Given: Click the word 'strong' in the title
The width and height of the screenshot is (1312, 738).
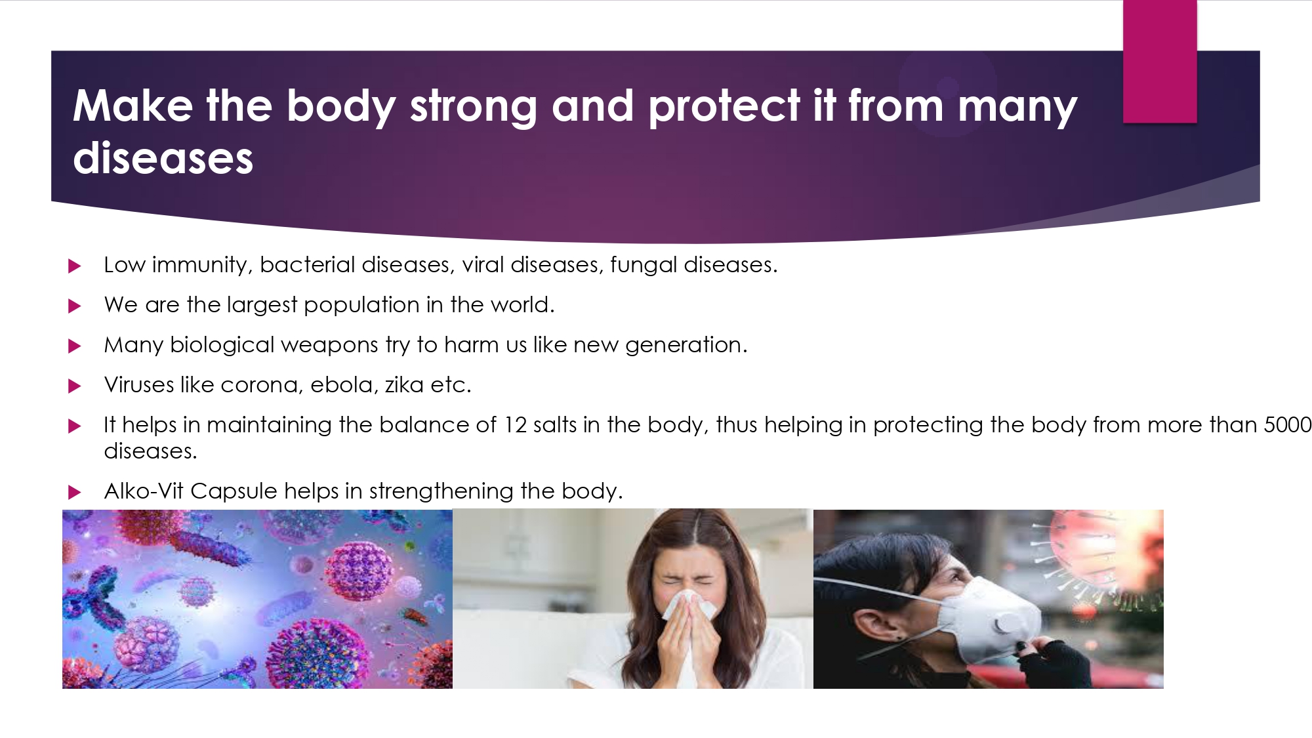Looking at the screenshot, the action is [x=474, y=107].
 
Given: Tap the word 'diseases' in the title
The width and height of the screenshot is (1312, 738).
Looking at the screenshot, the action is [x=163, y=158].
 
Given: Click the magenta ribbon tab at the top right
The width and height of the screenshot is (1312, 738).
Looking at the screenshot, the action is [x=1160, y=61].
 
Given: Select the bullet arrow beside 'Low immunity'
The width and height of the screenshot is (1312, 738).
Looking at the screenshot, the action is [x=75, y=266].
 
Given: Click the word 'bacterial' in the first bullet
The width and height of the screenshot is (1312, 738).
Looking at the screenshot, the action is [x=308, y=264].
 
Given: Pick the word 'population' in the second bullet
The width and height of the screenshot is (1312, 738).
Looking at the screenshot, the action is [x=361, y=306].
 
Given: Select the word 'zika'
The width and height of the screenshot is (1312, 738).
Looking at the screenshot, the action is [x=404, y=384].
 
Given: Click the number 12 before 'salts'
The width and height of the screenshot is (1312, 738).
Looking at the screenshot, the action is [x=515, y=425].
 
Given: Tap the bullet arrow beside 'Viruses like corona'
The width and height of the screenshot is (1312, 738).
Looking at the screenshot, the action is [x=75, y=386].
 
